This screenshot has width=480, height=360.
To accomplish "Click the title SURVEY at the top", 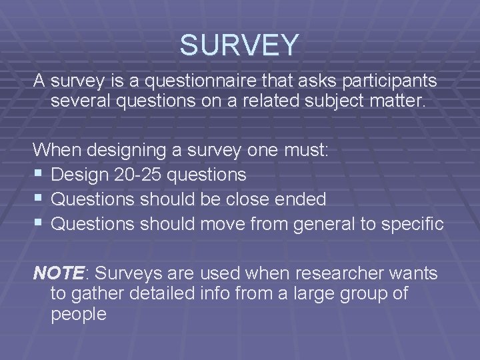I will pos(240,45).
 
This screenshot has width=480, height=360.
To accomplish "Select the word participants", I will pos(381,81).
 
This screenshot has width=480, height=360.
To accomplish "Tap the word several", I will pos(81,103).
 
